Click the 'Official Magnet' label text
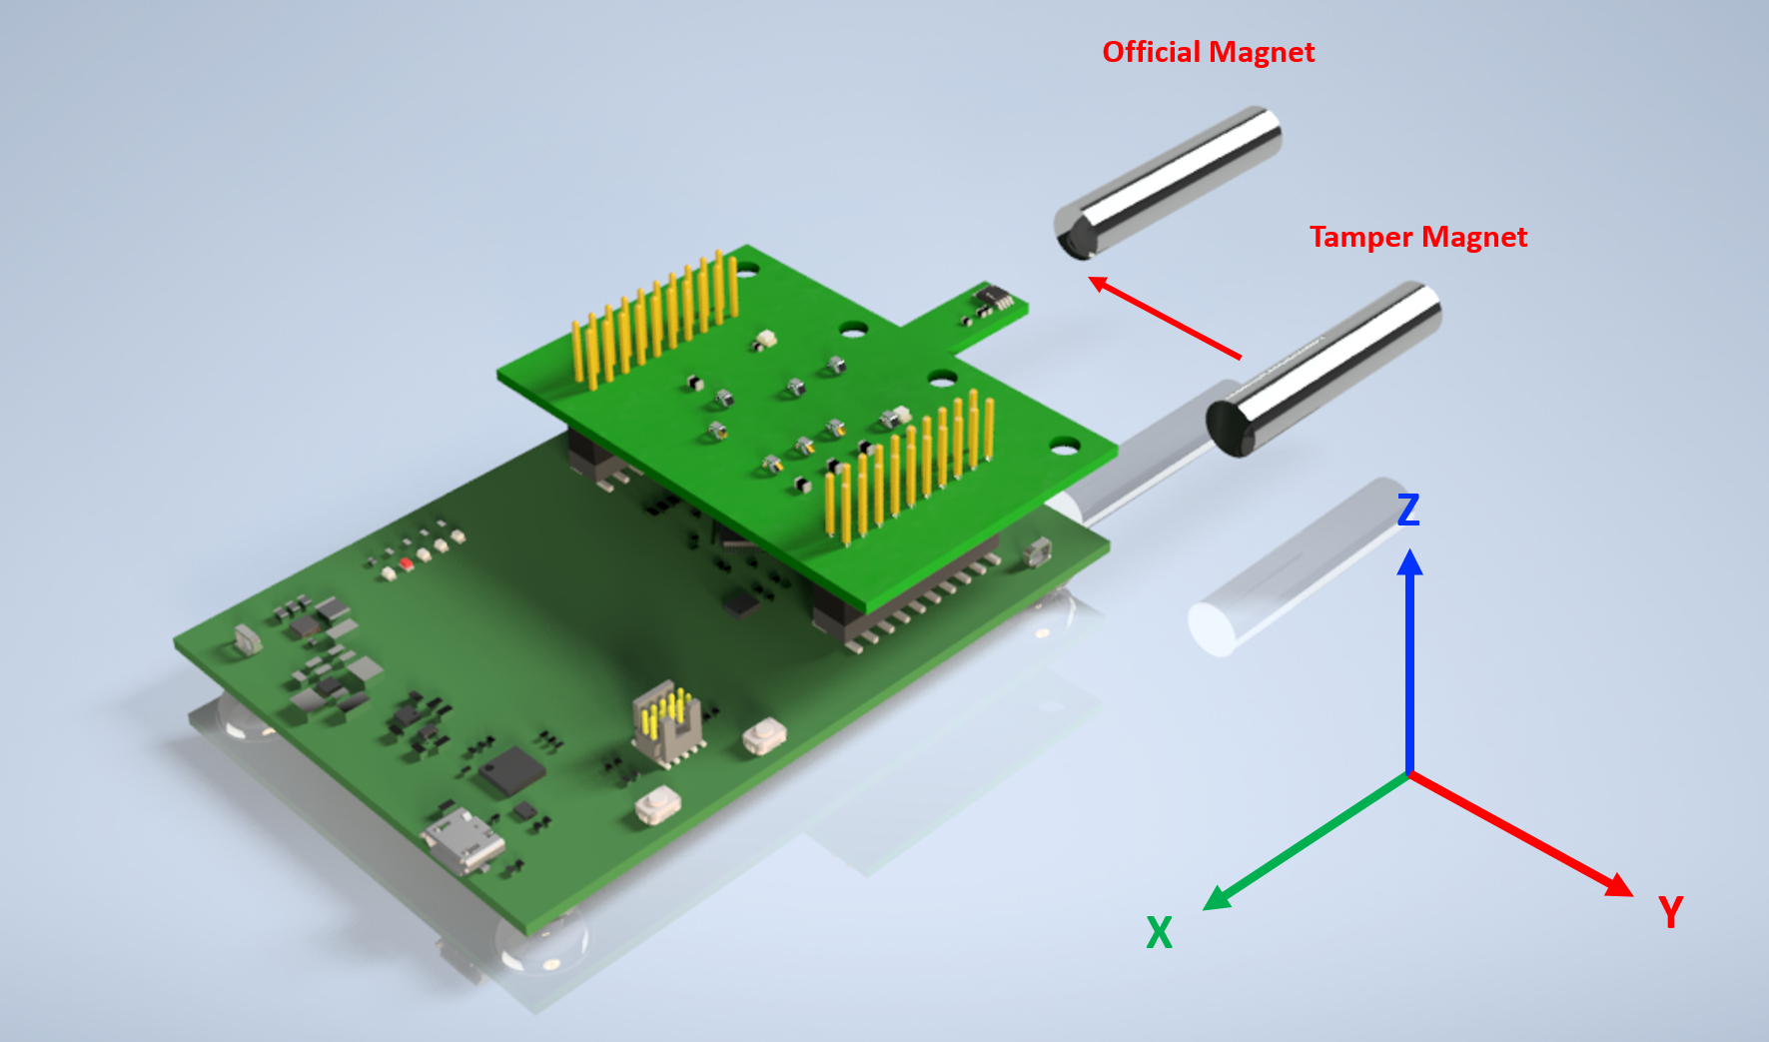pyautogui.click(x=1209, y=52)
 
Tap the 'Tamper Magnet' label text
pyautogui.click(x=1418, y=237)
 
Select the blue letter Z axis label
pyautogui.click(x=1408, y=510)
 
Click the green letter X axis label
pyautogui.click(x=1159, y=932)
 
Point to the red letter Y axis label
pyautogui.click(x=1670, y=912)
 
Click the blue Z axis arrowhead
pyautogui.click(x=1409, y=561)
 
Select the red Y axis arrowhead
pyautogui.click(x=1617, y=884)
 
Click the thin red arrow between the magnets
pyautogui.click(x=1165, y=317)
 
